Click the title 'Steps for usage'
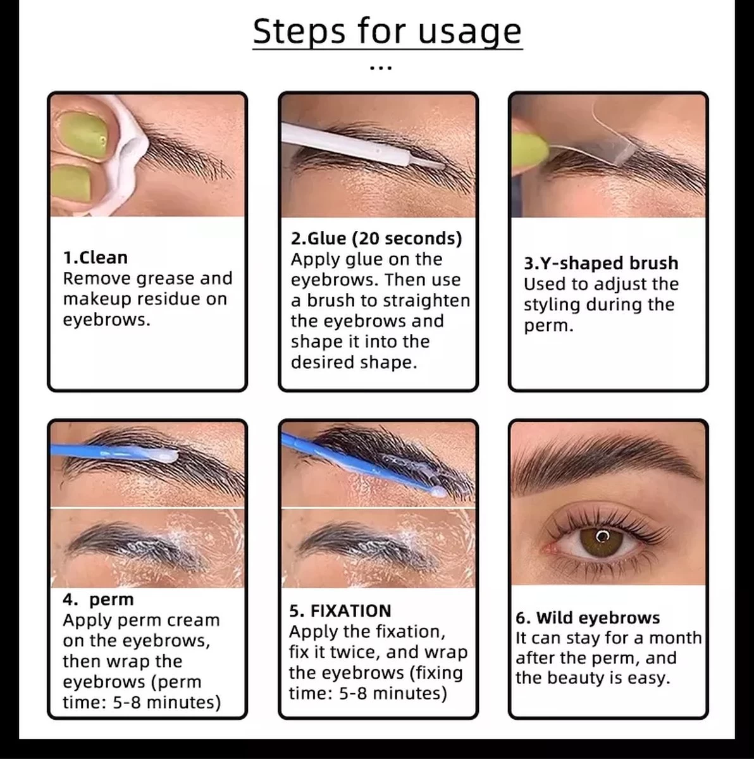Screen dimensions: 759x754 click(387, 31)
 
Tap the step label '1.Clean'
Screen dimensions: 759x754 click(95, 257)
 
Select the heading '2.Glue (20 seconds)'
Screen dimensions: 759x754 click(376, 238)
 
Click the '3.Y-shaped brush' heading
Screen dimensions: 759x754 click(600, 263)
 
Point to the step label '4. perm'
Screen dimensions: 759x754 click(98, 599)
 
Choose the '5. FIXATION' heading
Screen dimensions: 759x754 click(340, 611)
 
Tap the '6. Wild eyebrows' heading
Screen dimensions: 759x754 click(588, 617)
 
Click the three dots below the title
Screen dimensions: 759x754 click(380, 66)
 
